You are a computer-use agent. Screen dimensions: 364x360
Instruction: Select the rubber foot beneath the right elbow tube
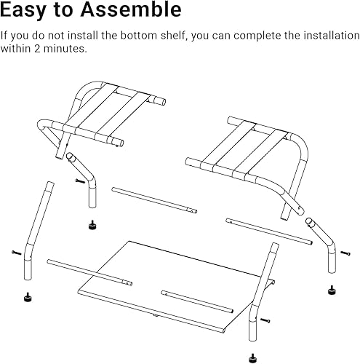(331, 288)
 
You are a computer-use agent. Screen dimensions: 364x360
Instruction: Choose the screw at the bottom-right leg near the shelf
(265, 321)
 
